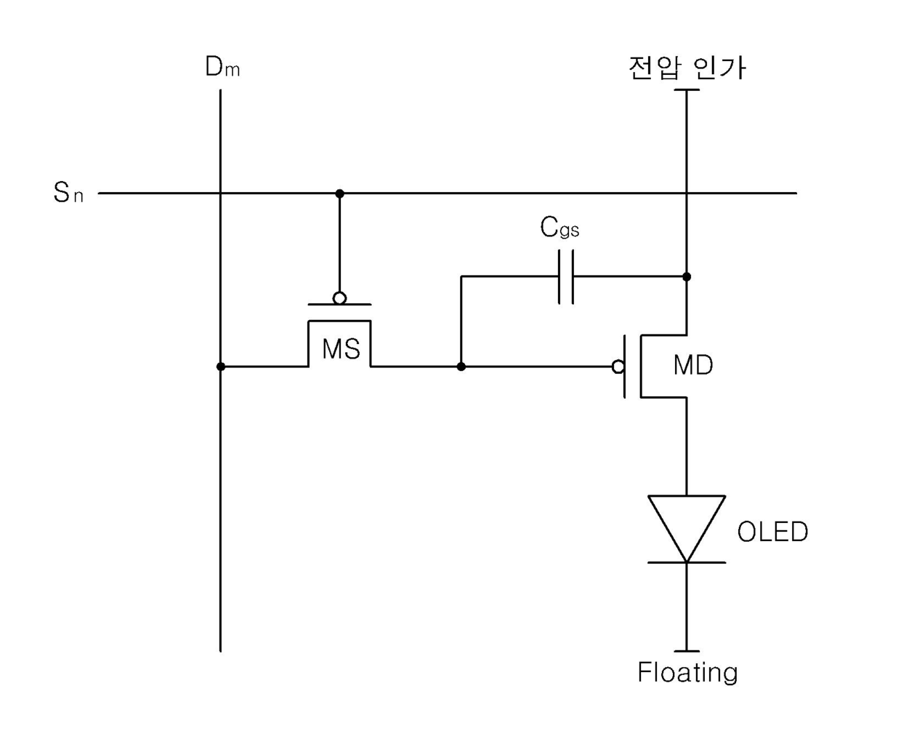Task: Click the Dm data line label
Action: click(222, 67)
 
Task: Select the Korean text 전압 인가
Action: click(687, 68)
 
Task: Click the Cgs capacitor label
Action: click(559, 227)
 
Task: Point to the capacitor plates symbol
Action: click(566, 277)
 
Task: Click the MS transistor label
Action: click(341, 349)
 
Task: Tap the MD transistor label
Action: click(693, 366)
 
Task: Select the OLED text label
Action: click(772, 532)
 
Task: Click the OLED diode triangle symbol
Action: click(687, 528)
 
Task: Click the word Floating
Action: click(687, 672)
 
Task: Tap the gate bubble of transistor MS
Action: click(339, 298)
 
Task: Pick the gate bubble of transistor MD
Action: click(618, 367)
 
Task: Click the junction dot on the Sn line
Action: click(339, 193)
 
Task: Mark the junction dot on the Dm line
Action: click(220, 367)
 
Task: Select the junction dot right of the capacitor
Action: click(687, 277)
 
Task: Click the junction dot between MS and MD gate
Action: click(461, 367)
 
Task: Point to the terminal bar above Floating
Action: click(687, 651)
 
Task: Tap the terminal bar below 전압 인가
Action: click(687, 90)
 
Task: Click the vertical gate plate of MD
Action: click(624, 367)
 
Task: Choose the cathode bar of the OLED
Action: click(687, 562)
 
